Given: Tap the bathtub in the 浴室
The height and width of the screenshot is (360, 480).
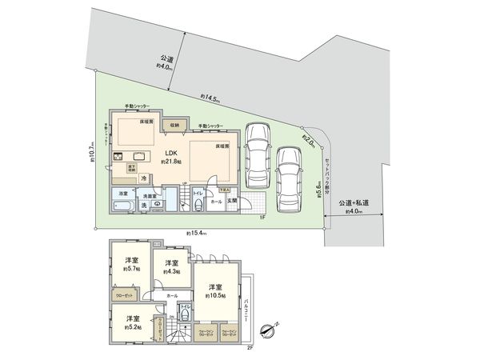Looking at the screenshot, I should tap(123, 206).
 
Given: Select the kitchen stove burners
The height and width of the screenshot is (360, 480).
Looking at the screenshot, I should tap(117, 155).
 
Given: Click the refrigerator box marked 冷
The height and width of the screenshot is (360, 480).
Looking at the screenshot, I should tap(145, 178).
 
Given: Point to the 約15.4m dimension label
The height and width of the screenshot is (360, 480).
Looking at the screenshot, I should tap(196, 233).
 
